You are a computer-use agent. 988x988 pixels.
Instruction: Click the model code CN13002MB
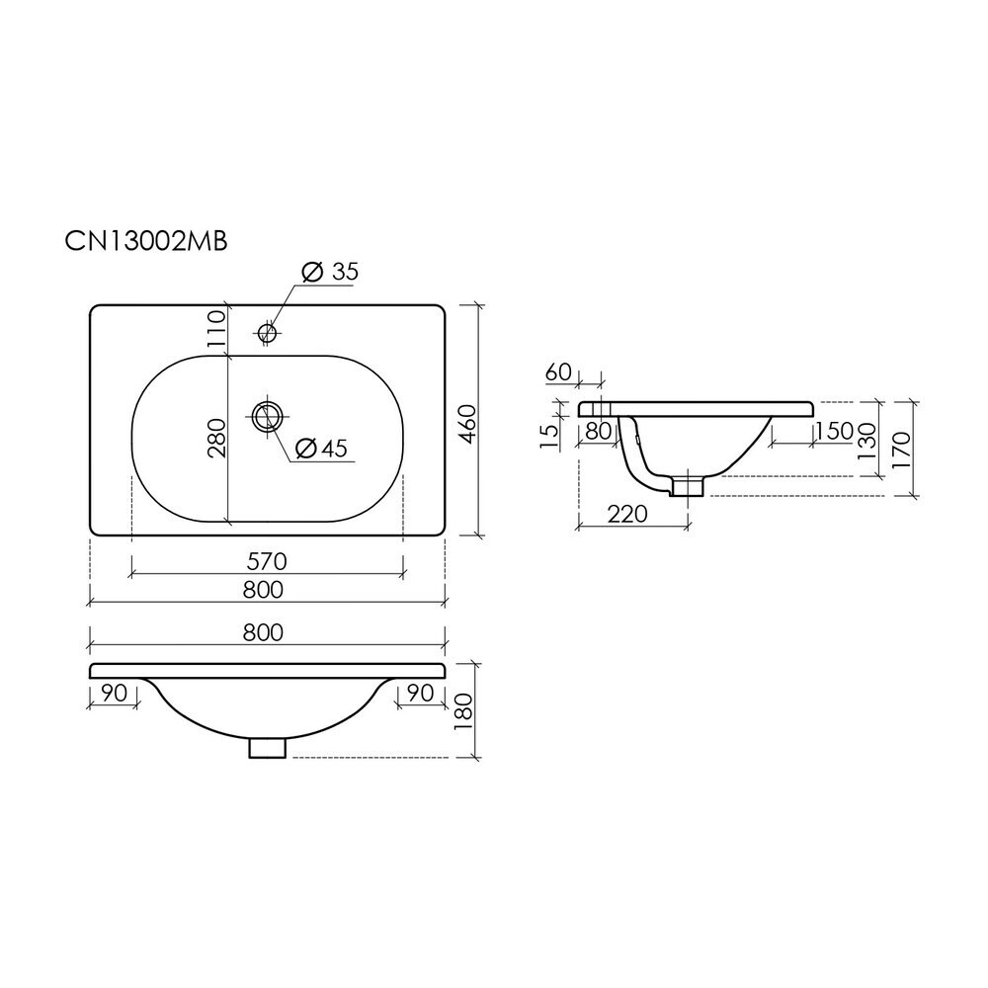click(146, 241)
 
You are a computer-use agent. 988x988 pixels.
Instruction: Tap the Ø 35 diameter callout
click(330, 273)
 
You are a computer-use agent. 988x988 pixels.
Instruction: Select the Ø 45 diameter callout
click(321, 448)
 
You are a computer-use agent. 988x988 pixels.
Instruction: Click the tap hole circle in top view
click(267, 331)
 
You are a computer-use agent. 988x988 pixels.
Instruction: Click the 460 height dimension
click(469, 424)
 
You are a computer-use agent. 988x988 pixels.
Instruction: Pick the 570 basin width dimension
click(267, 561)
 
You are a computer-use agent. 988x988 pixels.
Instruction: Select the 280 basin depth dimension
click(215, 438)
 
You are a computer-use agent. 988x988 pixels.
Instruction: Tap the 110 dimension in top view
click(215, 326)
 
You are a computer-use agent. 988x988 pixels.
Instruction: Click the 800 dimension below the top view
click(263, 590)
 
